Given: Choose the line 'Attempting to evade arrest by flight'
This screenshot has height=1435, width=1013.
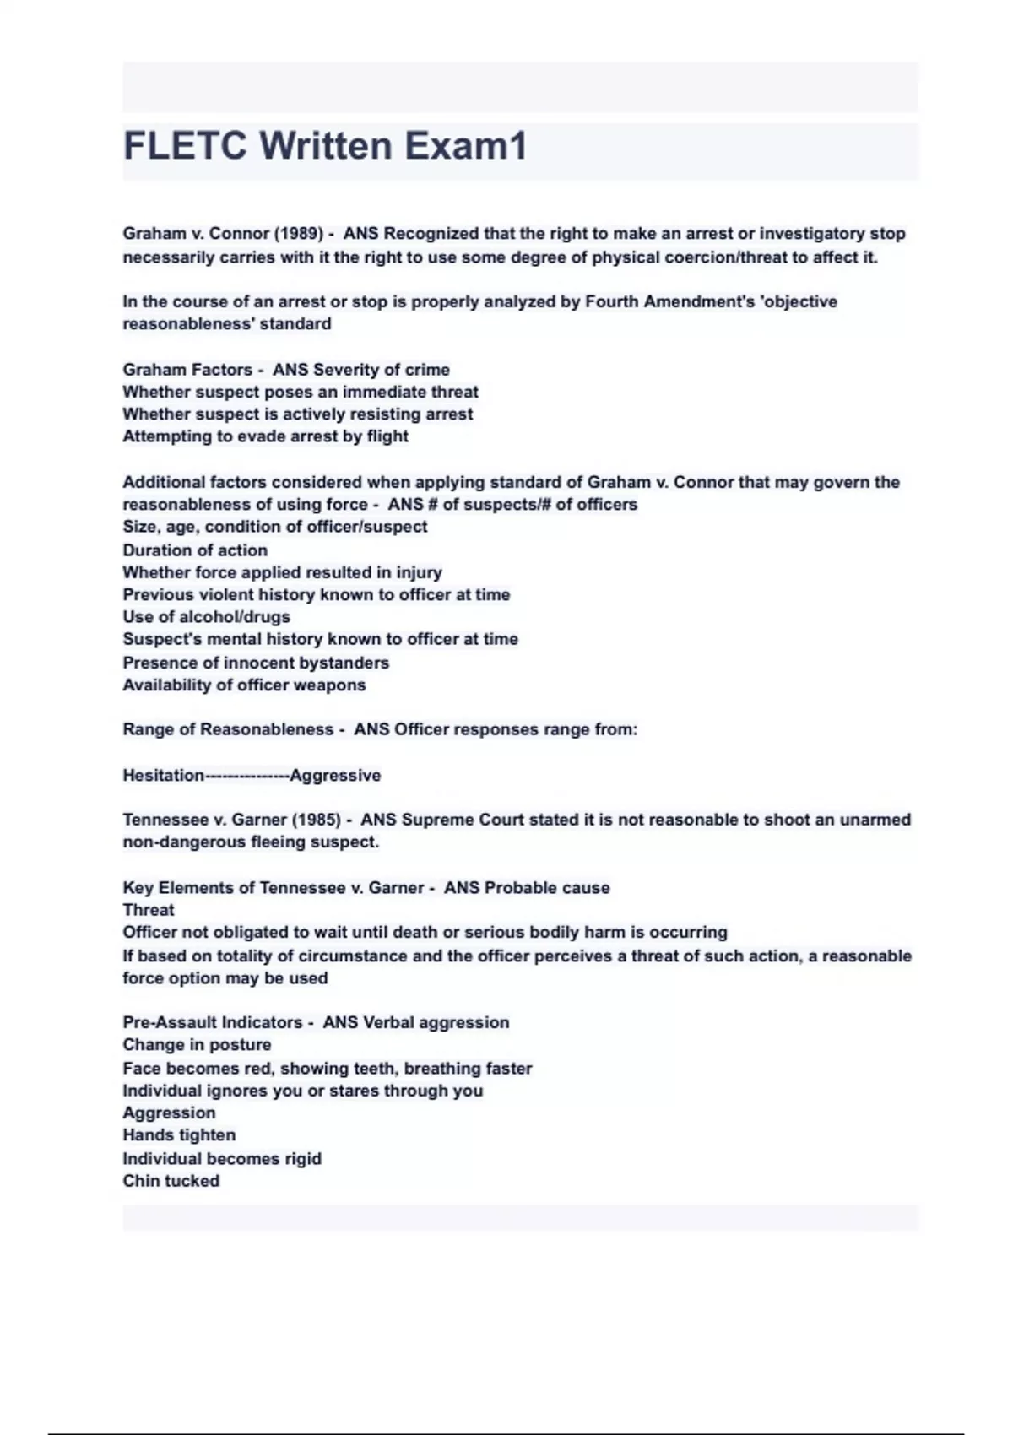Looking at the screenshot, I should [265, 436].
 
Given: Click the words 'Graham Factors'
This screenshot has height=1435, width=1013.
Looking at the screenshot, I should [187, 370].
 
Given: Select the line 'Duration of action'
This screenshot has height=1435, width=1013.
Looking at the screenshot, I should [195, 550].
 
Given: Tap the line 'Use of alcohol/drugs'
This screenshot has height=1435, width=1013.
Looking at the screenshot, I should [206, 617].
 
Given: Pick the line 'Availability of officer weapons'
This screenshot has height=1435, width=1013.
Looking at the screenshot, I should [244, 685].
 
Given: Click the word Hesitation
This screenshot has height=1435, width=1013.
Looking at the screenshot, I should [164, 775].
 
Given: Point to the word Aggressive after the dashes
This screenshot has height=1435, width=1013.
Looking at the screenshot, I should [335, 775].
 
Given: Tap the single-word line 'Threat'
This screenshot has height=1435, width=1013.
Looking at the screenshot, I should [149, 910].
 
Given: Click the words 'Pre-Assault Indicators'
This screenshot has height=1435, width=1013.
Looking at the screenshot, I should [213, 1022].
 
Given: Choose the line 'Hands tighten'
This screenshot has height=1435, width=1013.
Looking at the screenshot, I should [179, 1135].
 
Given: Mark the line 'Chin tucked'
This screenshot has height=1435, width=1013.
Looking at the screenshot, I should [171, 1181].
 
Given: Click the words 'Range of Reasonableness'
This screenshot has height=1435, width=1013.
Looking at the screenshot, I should [228, 729].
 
